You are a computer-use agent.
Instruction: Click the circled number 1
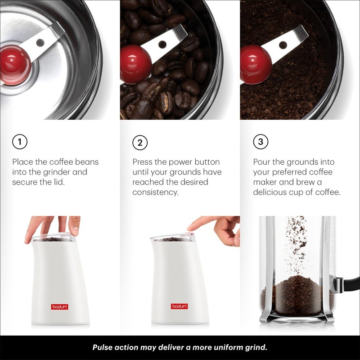[19, 142]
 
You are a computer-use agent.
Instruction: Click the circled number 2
[140, 143]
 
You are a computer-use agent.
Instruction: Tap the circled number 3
[261, 142]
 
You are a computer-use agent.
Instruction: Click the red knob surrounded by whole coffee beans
[135, 63]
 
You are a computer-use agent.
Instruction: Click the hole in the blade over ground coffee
[283, 45]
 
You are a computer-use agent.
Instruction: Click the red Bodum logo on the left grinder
[59, 306]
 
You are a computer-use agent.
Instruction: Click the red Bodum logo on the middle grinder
[179, 306]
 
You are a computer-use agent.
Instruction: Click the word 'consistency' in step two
[155, 192]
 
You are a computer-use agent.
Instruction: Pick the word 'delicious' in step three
[269, 192]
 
